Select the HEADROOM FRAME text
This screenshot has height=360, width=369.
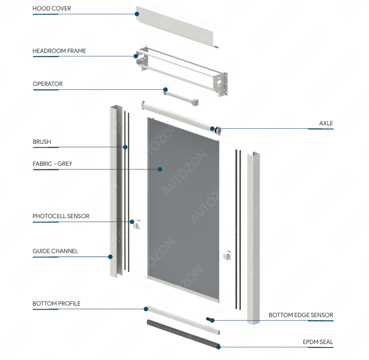tap(59, 51)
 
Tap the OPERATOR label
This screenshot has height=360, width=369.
tap(48, 84)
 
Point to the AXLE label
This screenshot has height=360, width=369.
tap(326, 123)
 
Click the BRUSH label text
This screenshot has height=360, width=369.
tap(42, 142)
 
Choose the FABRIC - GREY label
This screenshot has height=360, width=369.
tap(52, 164)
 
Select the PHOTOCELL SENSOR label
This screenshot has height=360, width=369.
tap(61, 216)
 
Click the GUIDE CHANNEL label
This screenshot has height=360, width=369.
tap(55, 251)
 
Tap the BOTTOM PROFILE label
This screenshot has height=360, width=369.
tap(56, 304)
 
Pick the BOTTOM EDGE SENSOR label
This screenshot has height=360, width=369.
tap(301, 315)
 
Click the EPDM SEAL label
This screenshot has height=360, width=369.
tap(318, 342)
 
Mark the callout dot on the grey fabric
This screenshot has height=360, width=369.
tap(160, 169)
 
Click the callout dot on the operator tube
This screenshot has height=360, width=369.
tap(165, 90)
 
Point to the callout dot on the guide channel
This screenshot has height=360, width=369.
tap(111, 257)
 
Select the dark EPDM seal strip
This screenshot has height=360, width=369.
tap(182, 333)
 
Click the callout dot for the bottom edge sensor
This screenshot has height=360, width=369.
tap(213, 320)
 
